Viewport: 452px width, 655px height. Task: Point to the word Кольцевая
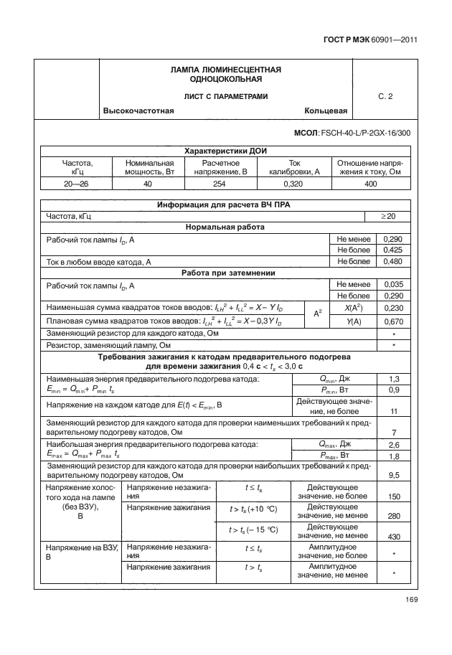pos(326,111)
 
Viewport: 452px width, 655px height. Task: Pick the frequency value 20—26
pos(77,184)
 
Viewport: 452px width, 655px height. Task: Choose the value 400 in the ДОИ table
pos(370,184)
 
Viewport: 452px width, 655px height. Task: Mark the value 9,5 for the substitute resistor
pos(394,475)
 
